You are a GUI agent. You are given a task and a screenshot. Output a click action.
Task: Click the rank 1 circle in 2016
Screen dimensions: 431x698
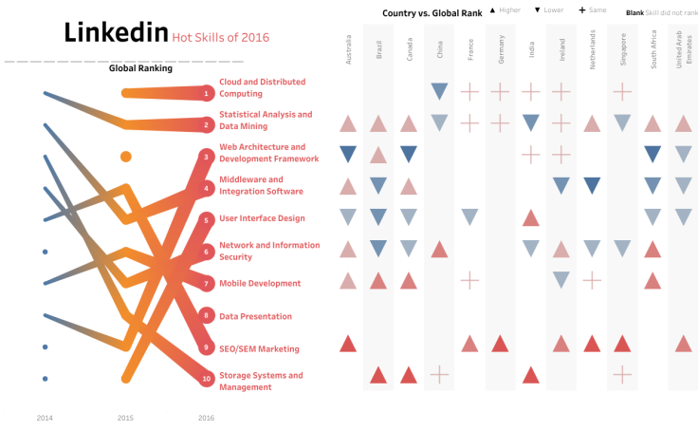pyautogui.click(x=207, y=93)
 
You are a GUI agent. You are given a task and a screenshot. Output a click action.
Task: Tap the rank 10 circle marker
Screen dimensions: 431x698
pyautogui.click(x=207, y=380)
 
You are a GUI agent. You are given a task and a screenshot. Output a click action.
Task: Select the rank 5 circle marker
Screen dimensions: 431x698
pyautogui.click(x=207, y=219)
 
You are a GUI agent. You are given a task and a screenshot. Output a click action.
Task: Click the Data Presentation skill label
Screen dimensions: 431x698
pyautogui.click(x=255, y=316)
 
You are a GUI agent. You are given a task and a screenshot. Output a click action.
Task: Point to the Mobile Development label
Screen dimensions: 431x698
pyautogui.click(x=260, y=283)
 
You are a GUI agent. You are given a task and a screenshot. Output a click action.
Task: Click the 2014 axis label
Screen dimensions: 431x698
pyautogui.click(x=45, y=418)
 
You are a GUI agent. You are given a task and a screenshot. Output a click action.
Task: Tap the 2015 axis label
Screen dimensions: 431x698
pyautogui.click(x=125, y=418)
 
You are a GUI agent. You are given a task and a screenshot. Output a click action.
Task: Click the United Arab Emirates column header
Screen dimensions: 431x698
pyautogui.click(x=683, y=47)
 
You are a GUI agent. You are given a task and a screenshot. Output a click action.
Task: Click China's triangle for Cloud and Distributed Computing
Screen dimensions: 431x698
pyautogui.click(x=439, y=91)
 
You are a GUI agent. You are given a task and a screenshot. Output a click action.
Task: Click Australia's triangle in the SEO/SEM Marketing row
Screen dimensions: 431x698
pyautogui.click(x=348, y=344)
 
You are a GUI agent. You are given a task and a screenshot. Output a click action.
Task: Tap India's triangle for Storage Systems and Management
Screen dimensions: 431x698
pyautogui.click(x=531, y=375)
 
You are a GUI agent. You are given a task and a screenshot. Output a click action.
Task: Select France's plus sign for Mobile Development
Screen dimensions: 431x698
pyautogui.click(x=469, y=280)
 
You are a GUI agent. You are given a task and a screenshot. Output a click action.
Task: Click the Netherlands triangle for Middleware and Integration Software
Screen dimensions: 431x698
pyautogui.click(x=592, y=185)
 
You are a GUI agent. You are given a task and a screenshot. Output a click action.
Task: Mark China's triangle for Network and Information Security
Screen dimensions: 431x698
pyautogui.click(x=439, y=249)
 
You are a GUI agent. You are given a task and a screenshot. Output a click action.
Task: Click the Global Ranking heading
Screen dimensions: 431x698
pyautogui.click(x=140, y=68)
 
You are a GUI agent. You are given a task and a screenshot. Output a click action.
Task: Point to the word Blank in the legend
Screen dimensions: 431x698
pyautogui.click(x=636, y=13)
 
